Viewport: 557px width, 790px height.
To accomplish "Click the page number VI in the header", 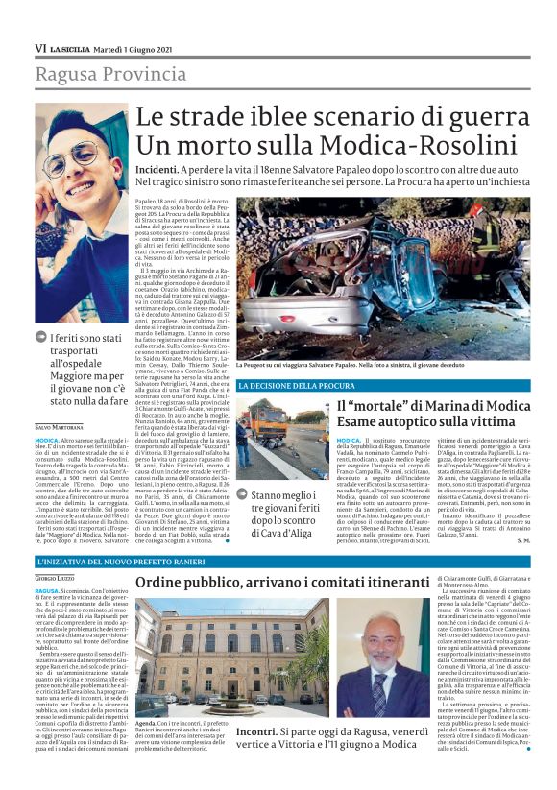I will pos(41,48).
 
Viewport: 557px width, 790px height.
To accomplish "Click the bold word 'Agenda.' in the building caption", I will pos(147,721).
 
